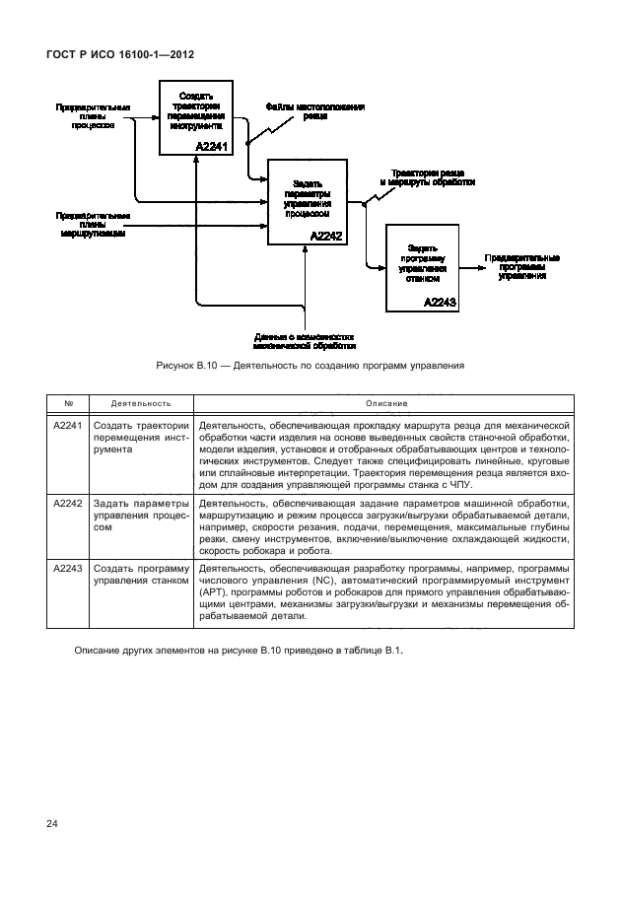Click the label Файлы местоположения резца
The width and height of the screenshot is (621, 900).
pyautogui.click(x=314, y=110)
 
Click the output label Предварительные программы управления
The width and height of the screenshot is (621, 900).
pyautogui.click(x=521, y=267)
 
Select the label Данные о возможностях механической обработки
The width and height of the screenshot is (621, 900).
pyautogui.click(x=305, y=340)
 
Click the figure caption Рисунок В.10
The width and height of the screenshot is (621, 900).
pyautogui.click(x=310, y=366)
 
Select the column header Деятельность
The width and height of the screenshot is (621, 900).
pyautogui.click(x=141, y=404)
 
